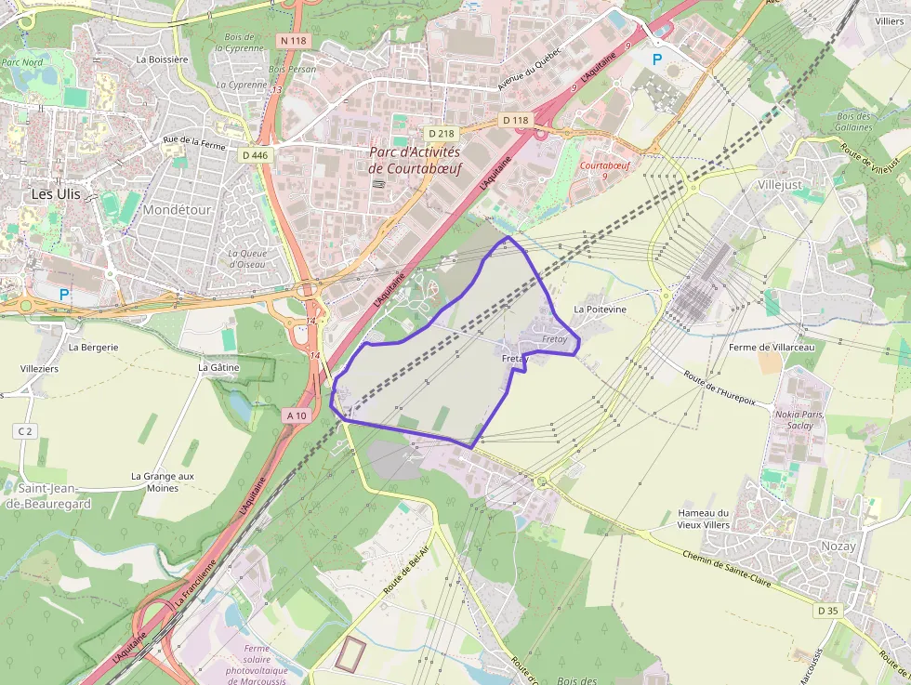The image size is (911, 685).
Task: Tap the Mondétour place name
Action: [x=177, y=210]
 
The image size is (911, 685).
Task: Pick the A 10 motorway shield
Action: [x=297, y=415]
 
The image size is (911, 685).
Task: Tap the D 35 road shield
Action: [x=827, y=611]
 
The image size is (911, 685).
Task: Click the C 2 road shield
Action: [x=24, y=431]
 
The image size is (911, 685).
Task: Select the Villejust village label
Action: [x=780, y=185]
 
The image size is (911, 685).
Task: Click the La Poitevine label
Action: [x=600, y=310]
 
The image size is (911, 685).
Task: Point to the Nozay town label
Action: [x=838, y=547]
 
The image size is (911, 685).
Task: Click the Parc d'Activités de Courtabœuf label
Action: [x=414, y=160]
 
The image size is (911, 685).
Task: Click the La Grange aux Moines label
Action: [x=162, y=481]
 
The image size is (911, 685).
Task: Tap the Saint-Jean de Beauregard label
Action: [x=54, y=495]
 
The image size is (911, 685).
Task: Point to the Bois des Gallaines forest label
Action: [x=853, y=122]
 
